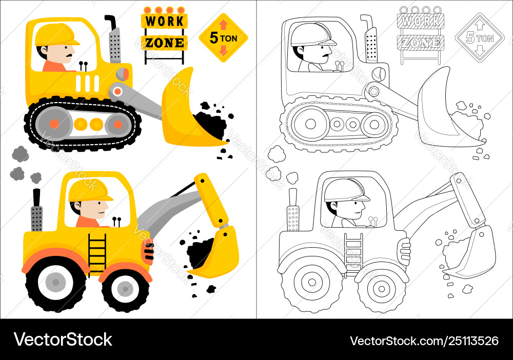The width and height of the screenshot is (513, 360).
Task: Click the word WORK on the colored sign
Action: click(164, 21)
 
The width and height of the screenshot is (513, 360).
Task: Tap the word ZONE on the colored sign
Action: click(164, 43)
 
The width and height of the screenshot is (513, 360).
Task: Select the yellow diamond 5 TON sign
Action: click(224, 38)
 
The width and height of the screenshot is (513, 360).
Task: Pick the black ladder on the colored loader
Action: click(97, 253)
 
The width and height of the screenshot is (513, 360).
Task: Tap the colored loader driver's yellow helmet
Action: click(90, 190)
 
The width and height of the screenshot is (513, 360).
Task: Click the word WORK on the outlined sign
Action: click(421, 21)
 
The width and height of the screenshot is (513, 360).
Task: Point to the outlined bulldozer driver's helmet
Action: click(313, 34)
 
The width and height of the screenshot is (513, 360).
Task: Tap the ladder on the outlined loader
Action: click(353, 253)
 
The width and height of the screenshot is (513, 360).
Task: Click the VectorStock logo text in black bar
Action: click(63, 339)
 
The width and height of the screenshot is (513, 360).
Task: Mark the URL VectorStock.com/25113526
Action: click(424, 341)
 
